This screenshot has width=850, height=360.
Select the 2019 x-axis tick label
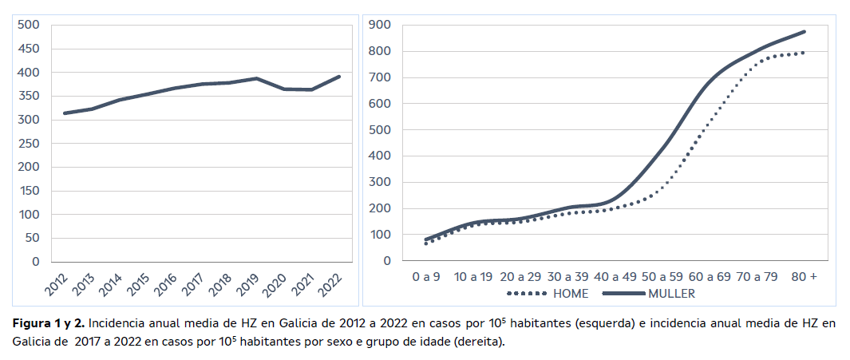pos(249,281)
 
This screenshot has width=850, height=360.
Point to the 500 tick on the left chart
pos(29,25)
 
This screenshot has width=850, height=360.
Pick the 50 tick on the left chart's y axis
pos(32,238)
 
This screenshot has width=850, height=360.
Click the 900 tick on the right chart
pos(380,26)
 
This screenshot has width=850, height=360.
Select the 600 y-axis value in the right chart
pos(380,104)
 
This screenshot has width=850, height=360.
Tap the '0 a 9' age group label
pos(425,277)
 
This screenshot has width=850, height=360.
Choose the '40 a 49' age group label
pos(615,277)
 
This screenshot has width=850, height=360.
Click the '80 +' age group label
pos(803,277)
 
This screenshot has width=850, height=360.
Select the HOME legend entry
pos(570,293)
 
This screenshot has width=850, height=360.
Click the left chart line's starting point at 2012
pos(64,113)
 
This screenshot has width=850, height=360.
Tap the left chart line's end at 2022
pos(339,77)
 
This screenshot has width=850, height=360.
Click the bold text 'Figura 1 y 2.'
pos(47,324)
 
